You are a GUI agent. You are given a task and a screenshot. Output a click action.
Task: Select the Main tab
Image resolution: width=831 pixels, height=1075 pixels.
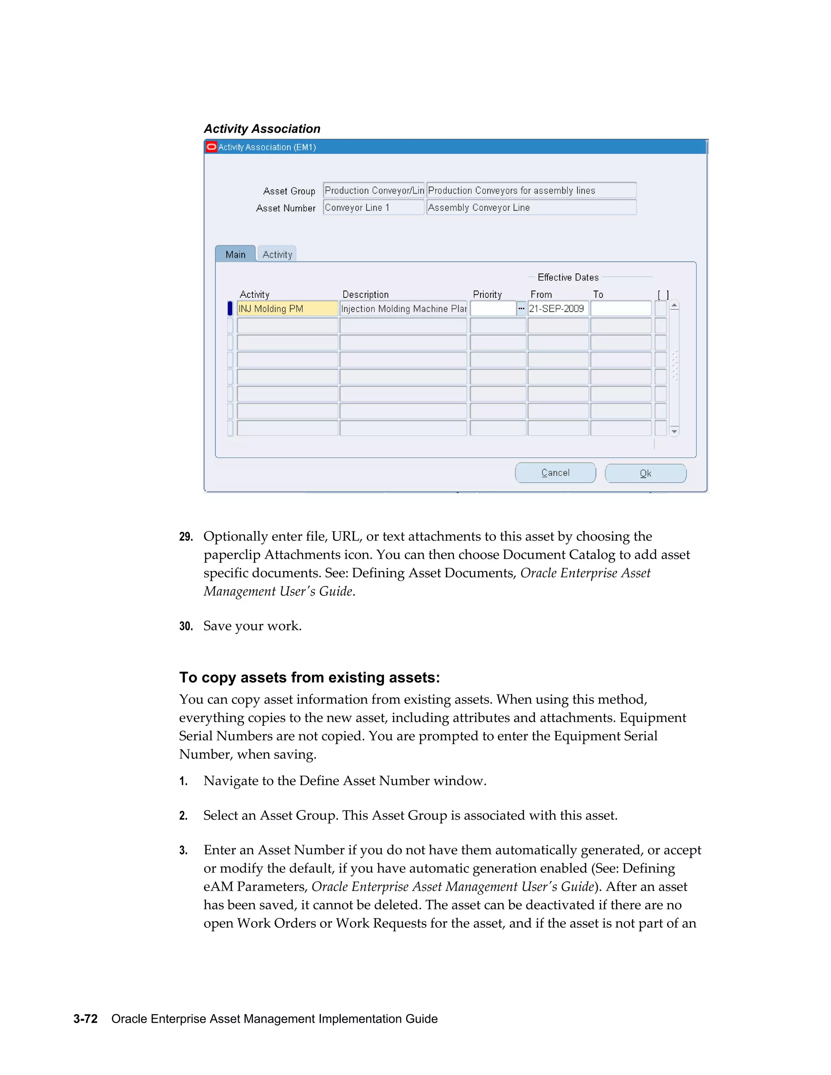tap(235, 254)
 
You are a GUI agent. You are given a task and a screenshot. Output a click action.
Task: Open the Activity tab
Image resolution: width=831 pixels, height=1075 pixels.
tap(277, 254)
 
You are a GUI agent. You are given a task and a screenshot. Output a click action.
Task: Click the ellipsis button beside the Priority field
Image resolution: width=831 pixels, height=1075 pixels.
tap(521, 309)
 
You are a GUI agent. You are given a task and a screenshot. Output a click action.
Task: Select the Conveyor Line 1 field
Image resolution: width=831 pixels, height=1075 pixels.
tap(373, 207)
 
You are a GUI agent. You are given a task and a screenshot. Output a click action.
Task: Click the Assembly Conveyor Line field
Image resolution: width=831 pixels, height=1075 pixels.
tap(531, 207)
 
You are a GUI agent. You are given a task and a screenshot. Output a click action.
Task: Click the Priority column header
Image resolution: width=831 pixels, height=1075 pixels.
tap(487, 295)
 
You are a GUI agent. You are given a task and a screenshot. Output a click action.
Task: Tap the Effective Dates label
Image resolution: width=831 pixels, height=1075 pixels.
tap(568, 277)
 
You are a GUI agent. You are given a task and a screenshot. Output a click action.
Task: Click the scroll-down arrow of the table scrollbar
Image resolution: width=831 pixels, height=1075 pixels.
tap(674, 431)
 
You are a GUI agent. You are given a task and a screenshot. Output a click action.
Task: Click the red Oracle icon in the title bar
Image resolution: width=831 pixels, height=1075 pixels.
tap(211, 147)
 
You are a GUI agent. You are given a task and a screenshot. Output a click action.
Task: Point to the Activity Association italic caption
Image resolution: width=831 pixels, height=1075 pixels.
tap(262, 129)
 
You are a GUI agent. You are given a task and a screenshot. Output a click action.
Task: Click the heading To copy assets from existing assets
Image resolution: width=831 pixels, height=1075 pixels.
tap(309, 677)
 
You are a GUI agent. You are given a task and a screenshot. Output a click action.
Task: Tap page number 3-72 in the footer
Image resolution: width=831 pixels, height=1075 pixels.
tap(86, 1018)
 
